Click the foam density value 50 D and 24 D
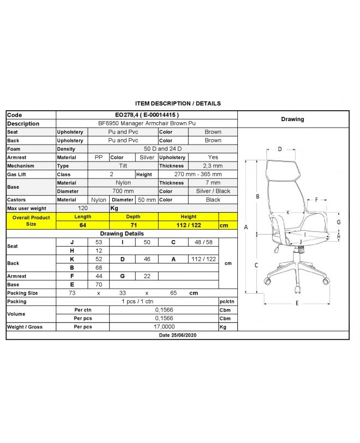point(163,149)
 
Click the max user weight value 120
point(83,208)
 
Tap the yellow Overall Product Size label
point(31,221)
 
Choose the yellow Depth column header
point(133,217)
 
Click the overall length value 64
point(83,225)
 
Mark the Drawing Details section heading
point(122,234)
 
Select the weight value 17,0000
point(163,327)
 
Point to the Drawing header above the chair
point(292,119)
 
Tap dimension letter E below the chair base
point(297,303)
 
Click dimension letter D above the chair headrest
point(279,149)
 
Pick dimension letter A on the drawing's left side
point(247,228)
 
